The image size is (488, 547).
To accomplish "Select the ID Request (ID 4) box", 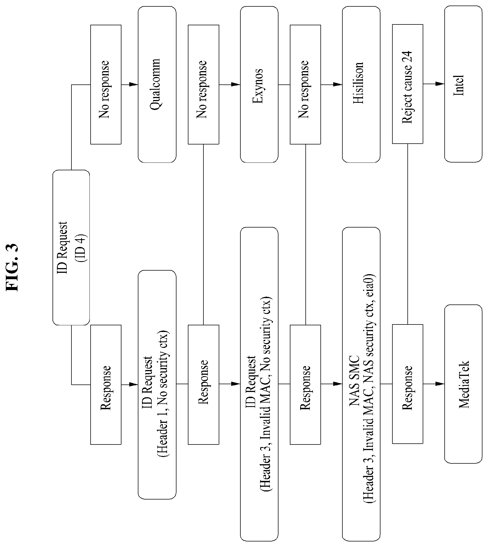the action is tap(71, 247).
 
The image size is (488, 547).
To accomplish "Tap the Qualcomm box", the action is tap(157, 84).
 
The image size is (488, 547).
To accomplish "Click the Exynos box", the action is tap(259, 84).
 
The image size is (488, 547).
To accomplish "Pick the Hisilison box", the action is tap(361, 84).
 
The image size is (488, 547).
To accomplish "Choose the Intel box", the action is tap(463, 84).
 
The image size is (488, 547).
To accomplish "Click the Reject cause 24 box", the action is tap(408, 84).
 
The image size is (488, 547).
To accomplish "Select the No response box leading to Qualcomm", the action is tap(106, 84).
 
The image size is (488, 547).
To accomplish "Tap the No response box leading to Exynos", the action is tap(203, 84).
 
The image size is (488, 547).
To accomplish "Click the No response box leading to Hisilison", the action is tap(305, 84).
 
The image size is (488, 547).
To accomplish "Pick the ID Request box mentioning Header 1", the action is tap(157, 384).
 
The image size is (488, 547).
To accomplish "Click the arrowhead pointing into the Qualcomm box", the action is tap(134, 84).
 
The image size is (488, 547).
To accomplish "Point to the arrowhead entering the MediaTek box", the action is tap(440, 384).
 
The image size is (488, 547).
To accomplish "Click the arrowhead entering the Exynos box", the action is tap(236, 84).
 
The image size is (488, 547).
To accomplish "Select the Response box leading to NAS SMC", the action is tap(305, 384).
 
